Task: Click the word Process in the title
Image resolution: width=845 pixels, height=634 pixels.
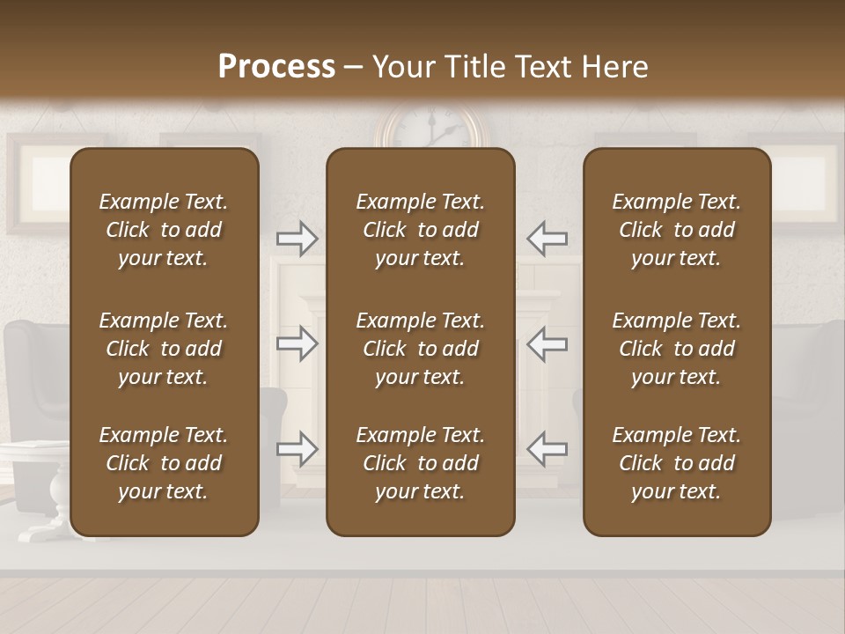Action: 276,66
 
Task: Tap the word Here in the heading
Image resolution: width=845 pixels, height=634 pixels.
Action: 614,66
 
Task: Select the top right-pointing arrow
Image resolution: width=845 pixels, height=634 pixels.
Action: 298,238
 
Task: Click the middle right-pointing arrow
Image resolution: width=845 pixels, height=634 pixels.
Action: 298,343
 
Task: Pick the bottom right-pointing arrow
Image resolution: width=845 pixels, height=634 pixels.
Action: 298,449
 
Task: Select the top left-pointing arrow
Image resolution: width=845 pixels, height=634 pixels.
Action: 547,238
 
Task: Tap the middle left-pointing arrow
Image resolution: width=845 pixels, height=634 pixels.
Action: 547,343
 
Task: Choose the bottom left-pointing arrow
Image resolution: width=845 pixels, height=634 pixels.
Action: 547,449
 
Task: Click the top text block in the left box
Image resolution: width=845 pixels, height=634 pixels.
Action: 164,230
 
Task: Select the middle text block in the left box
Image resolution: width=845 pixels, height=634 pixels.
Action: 164,349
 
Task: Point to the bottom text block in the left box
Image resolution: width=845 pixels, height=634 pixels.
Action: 164,463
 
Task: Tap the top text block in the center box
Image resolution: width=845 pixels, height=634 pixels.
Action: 421,230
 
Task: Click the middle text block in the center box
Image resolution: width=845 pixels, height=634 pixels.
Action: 421,349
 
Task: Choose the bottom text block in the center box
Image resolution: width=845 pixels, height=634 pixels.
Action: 421,463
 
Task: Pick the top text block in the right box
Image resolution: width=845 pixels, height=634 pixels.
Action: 677,230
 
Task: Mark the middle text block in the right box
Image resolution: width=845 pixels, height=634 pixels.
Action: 677,349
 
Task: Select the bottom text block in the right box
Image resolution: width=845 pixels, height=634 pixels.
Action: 677,463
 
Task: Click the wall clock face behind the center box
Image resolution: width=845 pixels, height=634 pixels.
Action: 429,129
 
